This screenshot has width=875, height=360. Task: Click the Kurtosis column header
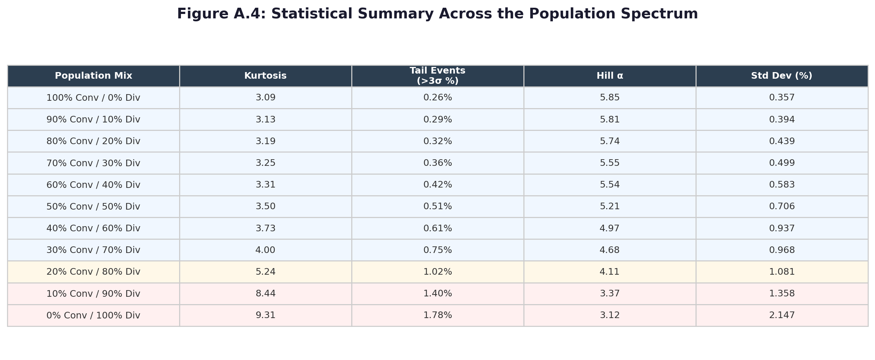(265, 76)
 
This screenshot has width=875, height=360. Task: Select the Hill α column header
(609, 76)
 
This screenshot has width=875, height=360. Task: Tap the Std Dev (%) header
(782, 76)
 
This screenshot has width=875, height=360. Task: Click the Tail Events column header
(437, 76)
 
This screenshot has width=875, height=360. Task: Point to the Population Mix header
(93, 76)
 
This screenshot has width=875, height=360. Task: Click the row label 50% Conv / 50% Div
(93, 207)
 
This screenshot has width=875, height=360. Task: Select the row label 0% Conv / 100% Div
(93, 316)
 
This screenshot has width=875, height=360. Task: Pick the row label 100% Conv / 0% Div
(93, 98)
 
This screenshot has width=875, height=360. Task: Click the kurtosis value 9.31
(265, 316)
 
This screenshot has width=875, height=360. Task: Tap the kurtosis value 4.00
(265, 250)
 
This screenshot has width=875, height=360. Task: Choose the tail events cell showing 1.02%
(437, 272)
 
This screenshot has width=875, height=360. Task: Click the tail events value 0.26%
(437, 98)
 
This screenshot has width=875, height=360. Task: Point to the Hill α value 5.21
(609, 207)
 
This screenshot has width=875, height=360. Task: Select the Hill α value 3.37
(609, 294)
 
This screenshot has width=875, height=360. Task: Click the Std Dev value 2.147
(782, 316)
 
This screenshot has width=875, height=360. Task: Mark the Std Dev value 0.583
(782, 185)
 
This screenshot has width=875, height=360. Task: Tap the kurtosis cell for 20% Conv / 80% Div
(265, 272)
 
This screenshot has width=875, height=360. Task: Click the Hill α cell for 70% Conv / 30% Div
(609, 163)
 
